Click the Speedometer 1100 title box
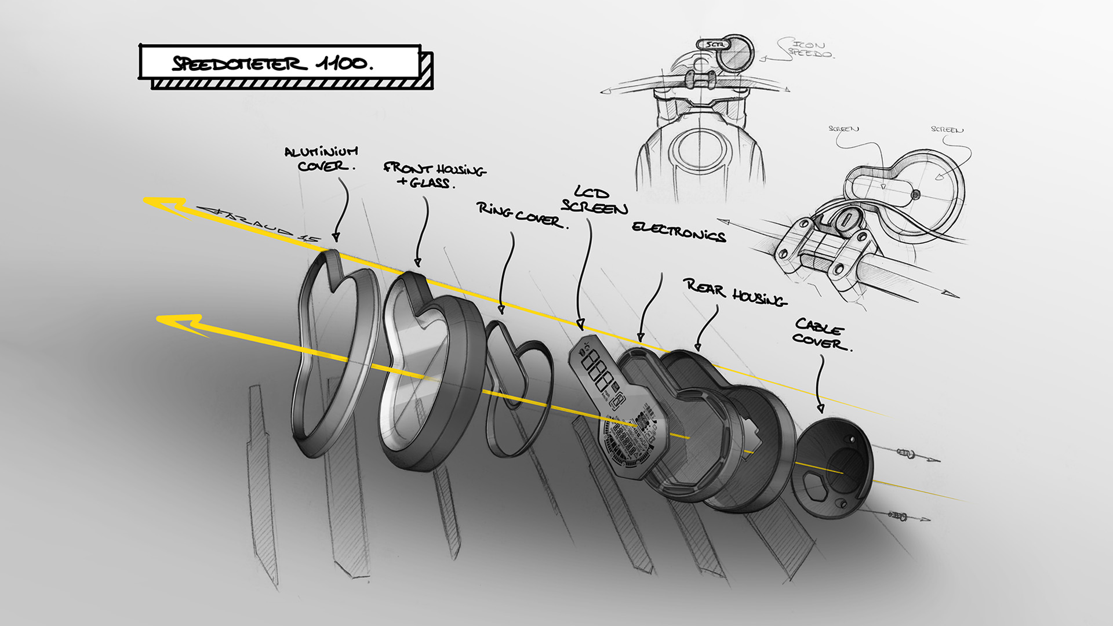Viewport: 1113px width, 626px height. [x=279, y=63]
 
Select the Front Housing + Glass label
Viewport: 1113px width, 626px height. [x=434, y=175]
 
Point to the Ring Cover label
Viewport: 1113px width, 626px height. [x=520, y=214]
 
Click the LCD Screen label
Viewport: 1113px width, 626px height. [x=594, y=201]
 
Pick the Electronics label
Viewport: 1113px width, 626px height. [x=679, y=231]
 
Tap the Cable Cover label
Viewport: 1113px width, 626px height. [x=821, y=335]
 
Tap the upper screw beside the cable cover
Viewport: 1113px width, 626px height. [x=905, y=453]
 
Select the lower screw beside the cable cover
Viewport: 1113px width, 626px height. [x=897, y=515]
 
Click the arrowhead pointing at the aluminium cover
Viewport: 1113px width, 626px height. [x=336, y=237]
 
